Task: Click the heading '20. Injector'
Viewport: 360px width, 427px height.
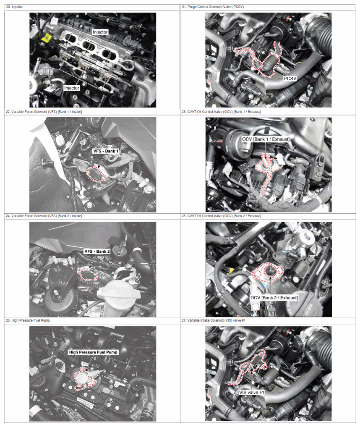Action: coord(14,7)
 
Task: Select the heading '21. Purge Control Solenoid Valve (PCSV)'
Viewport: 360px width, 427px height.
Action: coord(213,7)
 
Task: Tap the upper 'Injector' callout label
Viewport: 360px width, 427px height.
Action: coord(100,32)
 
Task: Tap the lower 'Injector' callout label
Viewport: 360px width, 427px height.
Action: coord(72,88)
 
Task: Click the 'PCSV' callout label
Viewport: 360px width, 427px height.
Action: coord(290,79)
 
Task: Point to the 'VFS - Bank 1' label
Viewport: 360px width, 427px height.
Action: coord(106,151)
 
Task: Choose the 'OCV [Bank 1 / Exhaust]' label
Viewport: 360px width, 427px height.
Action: coord(266,139)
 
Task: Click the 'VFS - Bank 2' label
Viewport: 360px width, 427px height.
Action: coord(97,251)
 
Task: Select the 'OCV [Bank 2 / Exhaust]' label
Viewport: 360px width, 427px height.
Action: coord(274,298)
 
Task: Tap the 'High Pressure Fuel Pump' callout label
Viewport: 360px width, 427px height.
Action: coord(93,352)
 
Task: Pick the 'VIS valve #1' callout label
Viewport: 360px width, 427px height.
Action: coord(252,393)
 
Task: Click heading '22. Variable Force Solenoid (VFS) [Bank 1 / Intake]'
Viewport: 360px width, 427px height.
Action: coord(44,112)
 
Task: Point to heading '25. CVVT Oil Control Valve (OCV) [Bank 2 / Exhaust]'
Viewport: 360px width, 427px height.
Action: coord(221,216)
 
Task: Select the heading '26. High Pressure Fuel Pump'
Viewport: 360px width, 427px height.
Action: coord(28,320)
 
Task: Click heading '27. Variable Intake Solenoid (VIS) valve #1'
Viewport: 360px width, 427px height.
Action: coord(213,320)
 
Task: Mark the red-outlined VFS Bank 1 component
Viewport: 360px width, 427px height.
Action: coord(97,174)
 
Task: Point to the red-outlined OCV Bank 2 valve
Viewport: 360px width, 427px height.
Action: coord(268,271)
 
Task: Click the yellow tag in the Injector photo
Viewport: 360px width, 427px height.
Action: coord(46,38)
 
